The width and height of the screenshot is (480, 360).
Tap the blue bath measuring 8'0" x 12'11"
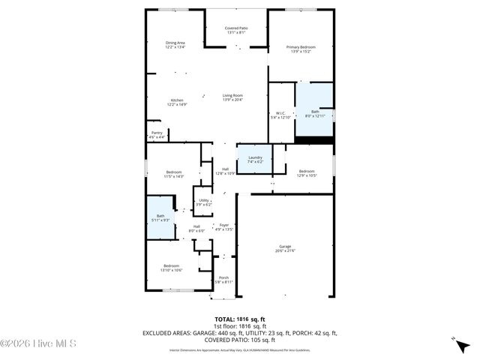[x=315, y=112]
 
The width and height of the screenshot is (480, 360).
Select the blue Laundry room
[x=255, y=158]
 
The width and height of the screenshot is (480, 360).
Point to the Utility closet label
[x=203, y=202]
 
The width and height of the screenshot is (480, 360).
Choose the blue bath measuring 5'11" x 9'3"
[x=160, y=217]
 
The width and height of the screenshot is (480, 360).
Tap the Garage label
[x=285, y=248]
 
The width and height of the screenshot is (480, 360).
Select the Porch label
[x=223, y=279]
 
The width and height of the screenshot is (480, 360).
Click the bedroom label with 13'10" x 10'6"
[x=172, y=268]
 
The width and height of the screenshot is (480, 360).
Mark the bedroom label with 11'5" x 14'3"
[x=174, y=174]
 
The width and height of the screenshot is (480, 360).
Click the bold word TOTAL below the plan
[x=225, y=319]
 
